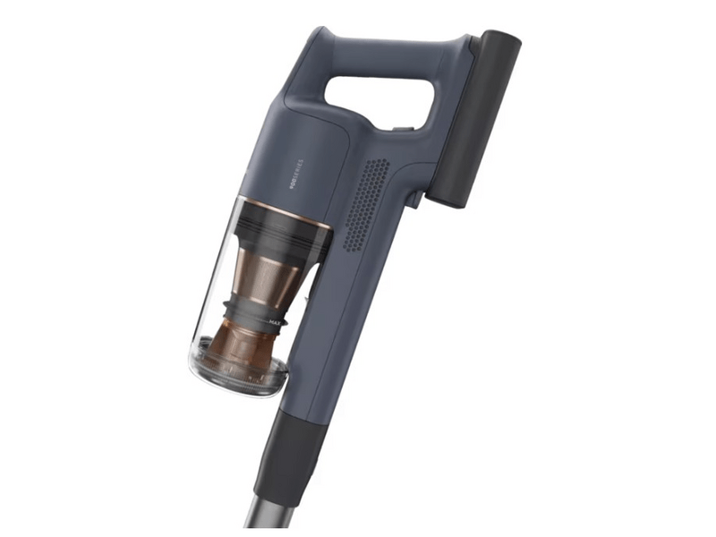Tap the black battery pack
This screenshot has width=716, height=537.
(474, 116)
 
